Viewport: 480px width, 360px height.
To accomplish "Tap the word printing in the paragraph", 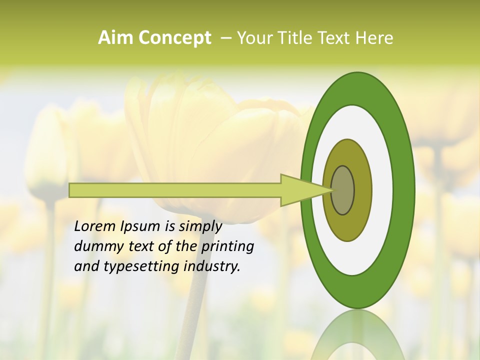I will click(227, 247).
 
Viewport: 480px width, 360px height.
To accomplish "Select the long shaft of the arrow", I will click(175, 190).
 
